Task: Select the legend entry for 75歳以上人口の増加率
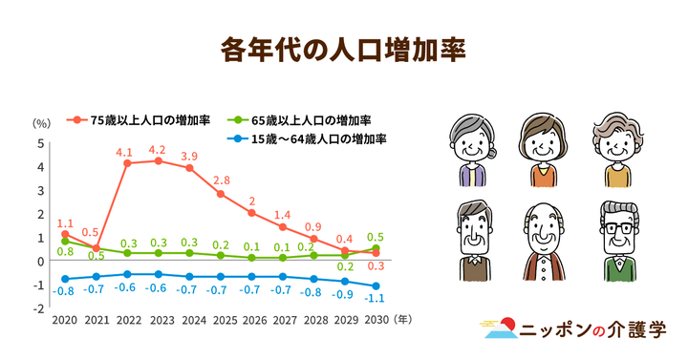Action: pyautogui.click(x=142, y=120)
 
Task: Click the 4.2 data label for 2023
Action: pyautogui.click(x=158, y=149)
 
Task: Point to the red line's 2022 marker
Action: pyautogui.click(x=126, y=163)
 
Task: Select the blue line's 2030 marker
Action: pyautogui.click(x=376, y=286)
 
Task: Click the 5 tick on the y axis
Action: pyautogui.click(x=40, y=143)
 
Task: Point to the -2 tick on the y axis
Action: pyautogui.click(x=38, y=308)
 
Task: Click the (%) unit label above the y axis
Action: pyautogui.click(x=40, y=124)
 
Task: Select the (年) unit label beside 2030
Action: pyautogui.click(x=405, y=321)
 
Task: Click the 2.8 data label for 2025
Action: pyautogui.click(x=222, y=180)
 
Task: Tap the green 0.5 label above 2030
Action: pyautogui.click(x=376, y=237)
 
